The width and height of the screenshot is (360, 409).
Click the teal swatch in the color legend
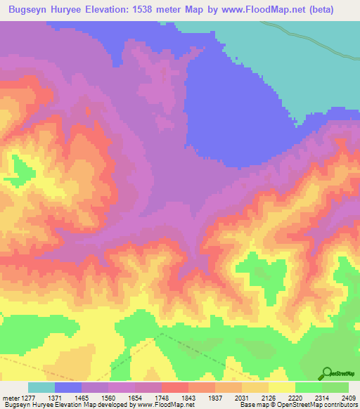click(x=41, y=387)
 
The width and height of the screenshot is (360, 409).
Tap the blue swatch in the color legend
click(x=68, y=387)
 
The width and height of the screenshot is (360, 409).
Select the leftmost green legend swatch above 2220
click(x=309, y=387)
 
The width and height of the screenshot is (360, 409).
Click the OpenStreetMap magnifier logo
click(x=327, y=373)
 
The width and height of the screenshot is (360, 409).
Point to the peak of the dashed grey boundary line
click(x=160, y=334)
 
